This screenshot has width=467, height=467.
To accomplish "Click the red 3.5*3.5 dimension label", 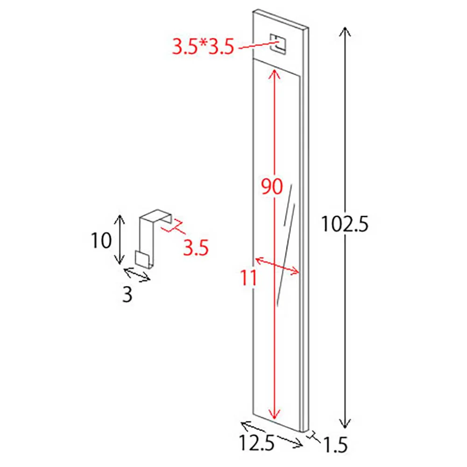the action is pyautogui.click(x=203, y=47).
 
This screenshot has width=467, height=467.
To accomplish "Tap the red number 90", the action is pyautogui.click(x=271, y=187).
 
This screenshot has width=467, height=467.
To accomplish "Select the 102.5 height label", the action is pyautogui.click(x=345, y=224).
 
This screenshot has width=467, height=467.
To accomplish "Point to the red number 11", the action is pyautogui.click(x=248, y=278).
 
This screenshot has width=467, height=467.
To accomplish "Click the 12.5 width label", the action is pyautogui.click(x=256, y=443).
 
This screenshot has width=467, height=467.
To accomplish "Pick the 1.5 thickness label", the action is pyautogui.click(x=335, y=445).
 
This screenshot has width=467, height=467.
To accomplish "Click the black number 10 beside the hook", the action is pyautogui.click(x=101, y=241).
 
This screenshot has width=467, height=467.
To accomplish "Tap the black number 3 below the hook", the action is pyautogui.click(x=127, y=295).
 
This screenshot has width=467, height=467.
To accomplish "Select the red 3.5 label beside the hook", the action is pyautogui.click(x=196, y=248).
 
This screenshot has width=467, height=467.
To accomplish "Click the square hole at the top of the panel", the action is pyautogui.click(x=277, y=44).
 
